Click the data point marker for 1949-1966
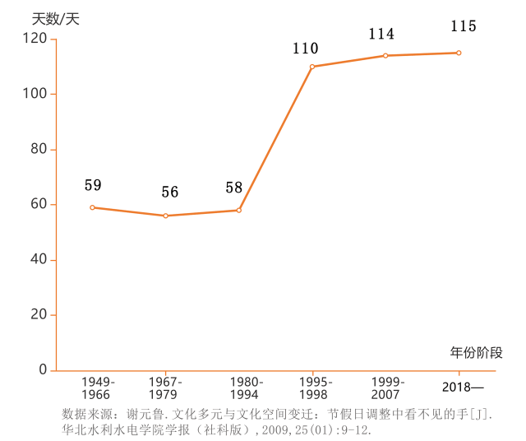click(92, 207)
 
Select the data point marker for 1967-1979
click(166, 216)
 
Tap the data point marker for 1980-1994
click(239, 210)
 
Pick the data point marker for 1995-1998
click(312, 67)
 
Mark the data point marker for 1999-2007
click(385, 56)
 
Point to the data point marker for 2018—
click(459, 53)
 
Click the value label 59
click(93, 185)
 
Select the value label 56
click(169, 193)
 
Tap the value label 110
click(305, 49)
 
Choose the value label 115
click(463, 26)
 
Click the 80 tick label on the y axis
click(38, 149)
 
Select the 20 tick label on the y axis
click(38, 315)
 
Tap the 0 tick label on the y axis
click(43, 370)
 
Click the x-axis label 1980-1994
click(247, 388)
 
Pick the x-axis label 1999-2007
click(386, 388)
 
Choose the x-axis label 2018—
click(463, 387)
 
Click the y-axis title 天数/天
click(55, 19)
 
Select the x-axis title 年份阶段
click(476, 353)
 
